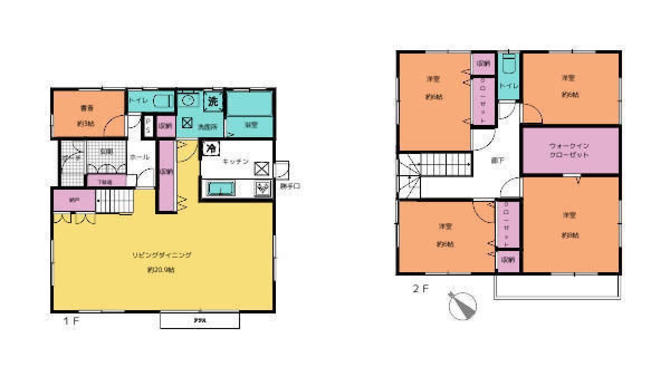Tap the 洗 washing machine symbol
[x=213, y=102]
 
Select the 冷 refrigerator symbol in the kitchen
[x=211, y=148]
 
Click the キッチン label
[x=235, y=161]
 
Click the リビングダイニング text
[x=162, y=254]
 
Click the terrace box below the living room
[x=199, y=321]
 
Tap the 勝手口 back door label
[x=290, y=186]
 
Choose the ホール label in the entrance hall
[x=139, y=157]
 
